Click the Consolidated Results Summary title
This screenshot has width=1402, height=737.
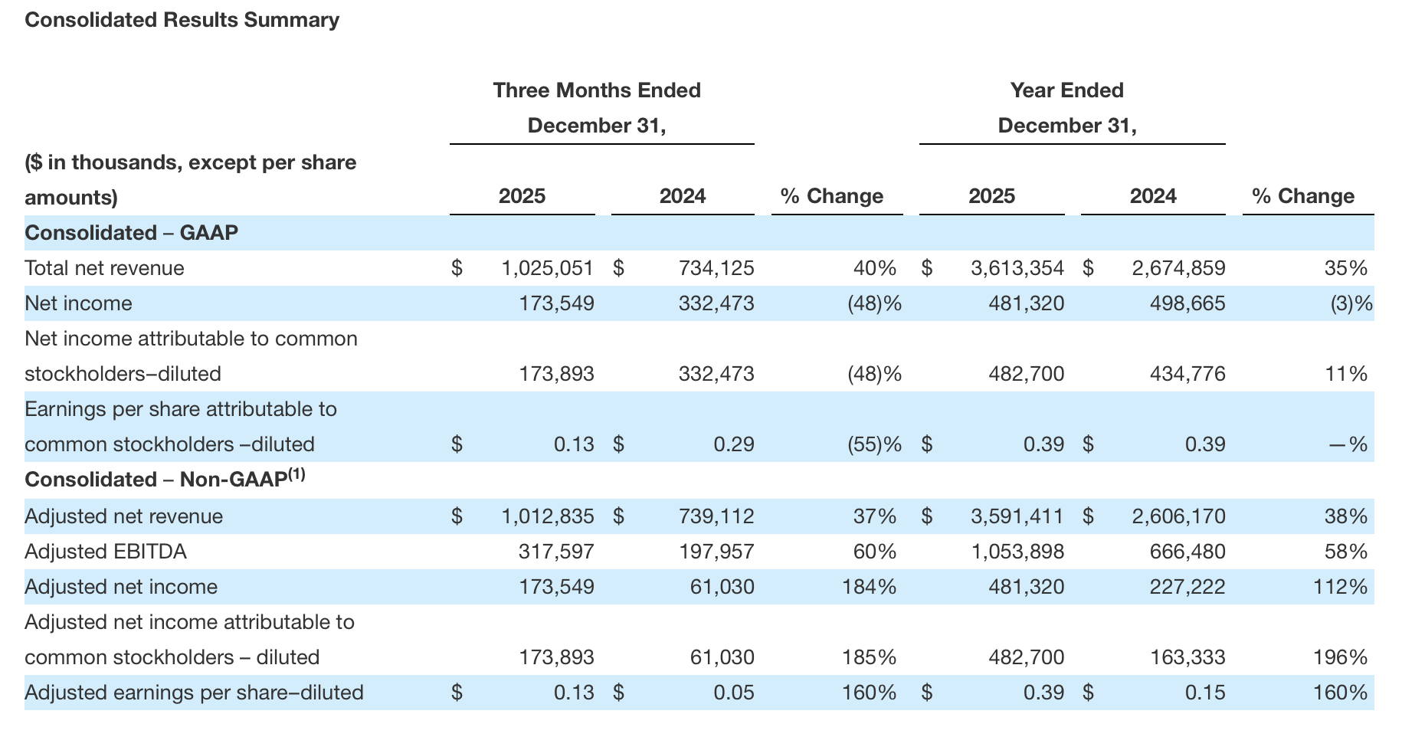pyautogui.click(x=182, y=20)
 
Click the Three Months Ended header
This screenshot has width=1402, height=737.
pyautogui.click(x=597, y=90)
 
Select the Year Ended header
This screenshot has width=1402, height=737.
pyautogui.click(x=1066, y=90)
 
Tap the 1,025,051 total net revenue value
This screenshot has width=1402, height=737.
pyautogui.click(x=547, y=268)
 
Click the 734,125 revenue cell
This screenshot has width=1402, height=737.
pyautogui.click(x=716, y=268)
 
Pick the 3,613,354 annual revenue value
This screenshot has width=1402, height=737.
pyautogui.click(x=1017, y=268)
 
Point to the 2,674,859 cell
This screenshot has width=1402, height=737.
pyautogui.click(x=1178, y=268)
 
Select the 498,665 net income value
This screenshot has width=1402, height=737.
pyautogui.click(x=1187, y=303)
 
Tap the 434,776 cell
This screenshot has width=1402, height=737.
pyautogui.click(x=1187, y=374)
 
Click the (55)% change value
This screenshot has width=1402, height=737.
pyautogui.click(x=873, y=444)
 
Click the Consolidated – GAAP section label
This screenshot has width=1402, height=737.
pyautogui.click(x=131, y=233)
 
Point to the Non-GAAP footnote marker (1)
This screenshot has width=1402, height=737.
pyautogui.click(x=296, y=474)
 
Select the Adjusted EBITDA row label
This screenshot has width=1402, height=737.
pyautogui.click(x=106, y=552)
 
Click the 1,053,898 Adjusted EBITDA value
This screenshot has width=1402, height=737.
pyautogui.click(x=1017, y=552)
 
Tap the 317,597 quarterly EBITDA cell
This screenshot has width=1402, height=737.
pyautogui.click(x=556, y=552)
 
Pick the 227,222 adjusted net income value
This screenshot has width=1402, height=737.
pyautogui.click(x=1187, y=587)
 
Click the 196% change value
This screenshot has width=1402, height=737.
pyautogui.click(x=1345, y=657)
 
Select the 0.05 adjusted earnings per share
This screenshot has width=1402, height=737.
pyautogui.click(x=733, y=693)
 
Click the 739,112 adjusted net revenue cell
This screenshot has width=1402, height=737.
pyautogui.click(x=716, y=516)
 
